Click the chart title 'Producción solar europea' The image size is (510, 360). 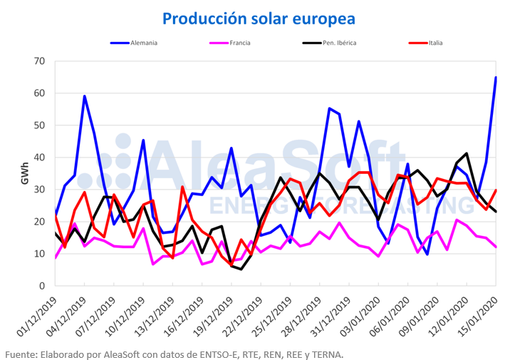(x=258, y=17)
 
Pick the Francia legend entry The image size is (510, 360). (x=239, y=43)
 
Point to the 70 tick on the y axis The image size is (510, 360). (x=41, y=61)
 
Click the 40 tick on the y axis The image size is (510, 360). (x=41, y=158)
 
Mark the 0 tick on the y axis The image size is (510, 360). (x=43, y=286)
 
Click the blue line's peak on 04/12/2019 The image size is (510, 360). (x=85, y=96)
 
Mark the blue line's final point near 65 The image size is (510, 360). (x=496, y=78)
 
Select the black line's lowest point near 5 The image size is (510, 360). (x=241, y=269)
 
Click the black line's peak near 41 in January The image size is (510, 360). (x=467, y=153)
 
